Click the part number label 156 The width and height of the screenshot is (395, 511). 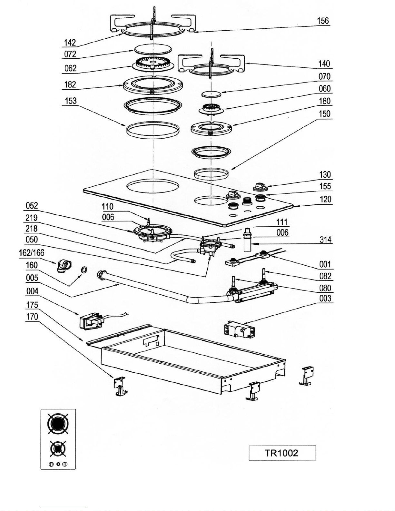point(322,21)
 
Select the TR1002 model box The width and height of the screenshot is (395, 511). point(282,453)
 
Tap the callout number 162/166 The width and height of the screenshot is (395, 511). point(32,253)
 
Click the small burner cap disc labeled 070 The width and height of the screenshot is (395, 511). point(211,94)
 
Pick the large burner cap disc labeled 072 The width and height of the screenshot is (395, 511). point(153,49)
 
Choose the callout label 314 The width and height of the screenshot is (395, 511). point(325,240)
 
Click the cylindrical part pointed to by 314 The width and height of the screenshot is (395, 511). point(247,240)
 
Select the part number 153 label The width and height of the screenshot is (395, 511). point(71,101)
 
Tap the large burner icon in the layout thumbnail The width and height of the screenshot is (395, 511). point(58,424)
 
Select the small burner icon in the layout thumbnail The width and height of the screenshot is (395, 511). point(58,449)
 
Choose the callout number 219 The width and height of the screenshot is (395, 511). point(32,218)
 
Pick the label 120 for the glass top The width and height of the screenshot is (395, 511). point(325,200)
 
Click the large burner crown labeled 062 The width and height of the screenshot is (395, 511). point(153,64)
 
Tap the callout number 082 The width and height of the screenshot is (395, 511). point(325,276)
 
